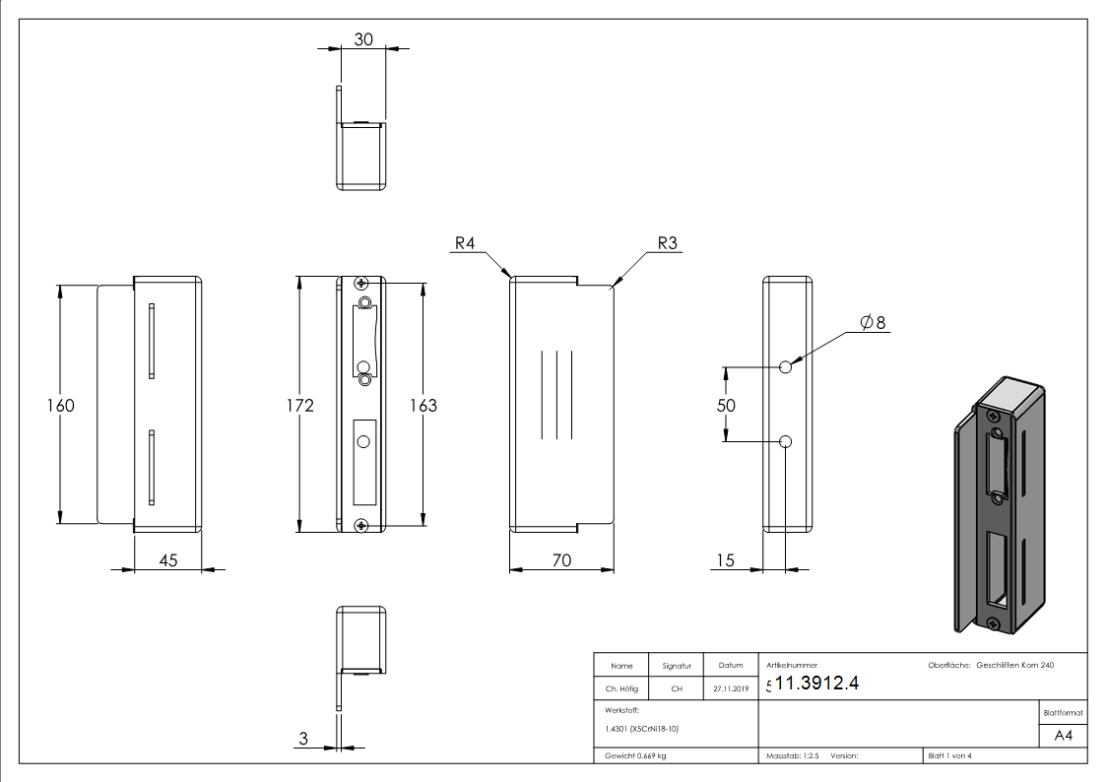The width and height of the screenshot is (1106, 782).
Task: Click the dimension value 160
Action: [60, 405]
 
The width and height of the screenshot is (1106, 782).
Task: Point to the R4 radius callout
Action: [467, 243]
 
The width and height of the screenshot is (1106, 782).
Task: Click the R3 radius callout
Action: [668, 243]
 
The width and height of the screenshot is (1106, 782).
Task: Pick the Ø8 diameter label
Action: [873, 322]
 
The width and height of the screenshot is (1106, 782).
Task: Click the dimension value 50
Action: [726, 405]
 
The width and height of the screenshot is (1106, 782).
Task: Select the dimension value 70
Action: [561, 560]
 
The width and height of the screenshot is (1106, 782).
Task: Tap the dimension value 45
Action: [167, 560]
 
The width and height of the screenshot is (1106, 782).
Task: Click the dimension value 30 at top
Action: [363, 39]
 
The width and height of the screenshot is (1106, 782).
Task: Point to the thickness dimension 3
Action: [303, 738]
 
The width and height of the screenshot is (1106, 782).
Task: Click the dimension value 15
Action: [726, 560]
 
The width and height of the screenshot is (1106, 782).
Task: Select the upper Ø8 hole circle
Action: [786, 367]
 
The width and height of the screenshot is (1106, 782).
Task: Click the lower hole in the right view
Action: [786, 441]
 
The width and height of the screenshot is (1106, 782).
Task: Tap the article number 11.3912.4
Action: [816, 684]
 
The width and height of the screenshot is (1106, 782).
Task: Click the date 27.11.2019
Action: [731, 689]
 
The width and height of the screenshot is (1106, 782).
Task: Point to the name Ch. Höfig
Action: [621, 689]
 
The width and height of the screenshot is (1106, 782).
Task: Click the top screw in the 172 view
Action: [363, 283]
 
